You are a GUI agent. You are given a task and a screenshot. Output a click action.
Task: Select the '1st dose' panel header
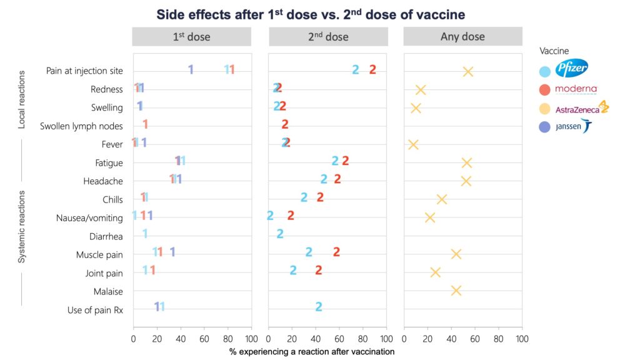point(191,37)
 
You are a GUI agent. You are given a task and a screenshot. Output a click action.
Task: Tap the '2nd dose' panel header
point(327,37)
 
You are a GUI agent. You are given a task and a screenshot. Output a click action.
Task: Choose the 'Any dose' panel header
point(462,37)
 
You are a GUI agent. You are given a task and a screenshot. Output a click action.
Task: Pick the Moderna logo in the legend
point(576,89)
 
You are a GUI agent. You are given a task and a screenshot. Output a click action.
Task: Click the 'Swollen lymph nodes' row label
point(81,126)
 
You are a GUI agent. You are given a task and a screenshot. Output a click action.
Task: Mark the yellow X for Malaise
point(456,291)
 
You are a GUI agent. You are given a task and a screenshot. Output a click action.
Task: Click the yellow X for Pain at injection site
point(467,71)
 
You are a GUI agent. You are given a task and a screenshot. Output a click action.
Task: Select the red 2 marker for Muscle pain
point(336,252)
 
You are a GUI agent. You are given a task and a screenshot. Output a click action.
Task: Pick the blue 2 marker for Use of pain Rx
point(319,306)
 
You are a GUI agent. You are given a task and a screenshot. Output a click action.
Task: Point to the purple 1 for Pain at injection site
point(191,69)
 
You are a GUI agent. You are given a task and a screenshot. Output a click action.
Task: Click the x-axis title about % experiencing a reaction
point(311,352)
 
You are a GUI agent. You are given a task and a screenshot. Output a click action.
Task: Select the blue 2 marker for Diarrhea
point(280,234)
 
